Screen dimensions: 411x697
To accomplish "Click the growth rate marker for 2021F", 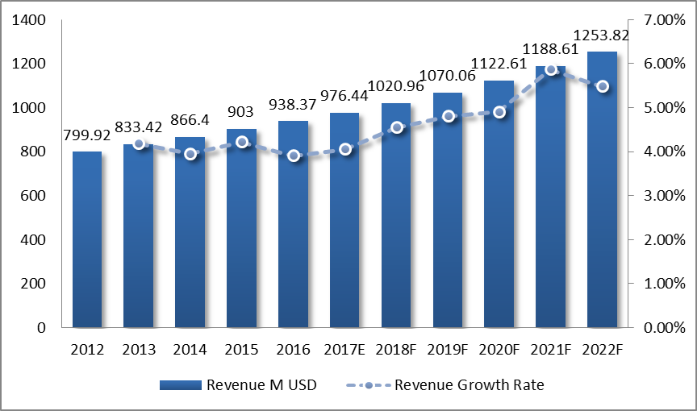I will (551, 70).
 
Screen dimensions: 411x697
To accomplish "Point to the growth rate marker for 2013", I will (139, 144).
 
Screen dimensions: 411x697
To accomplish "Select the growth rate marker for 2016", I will (293, 156).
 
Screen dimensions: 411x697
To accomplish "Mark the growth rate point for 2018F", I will (396, 127).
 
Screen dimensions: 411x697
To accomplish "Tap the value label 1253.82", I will (601, 35).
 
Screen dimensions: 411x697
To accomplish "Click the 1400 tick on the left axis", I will (29, 20).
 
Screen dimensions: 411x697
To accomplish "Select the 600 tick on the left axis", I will (35, 196).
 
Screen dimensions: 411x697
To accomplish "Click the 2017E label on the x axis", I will (344, 350).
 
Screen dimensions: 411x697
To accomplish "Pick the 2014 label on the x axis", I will (190, 350).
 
